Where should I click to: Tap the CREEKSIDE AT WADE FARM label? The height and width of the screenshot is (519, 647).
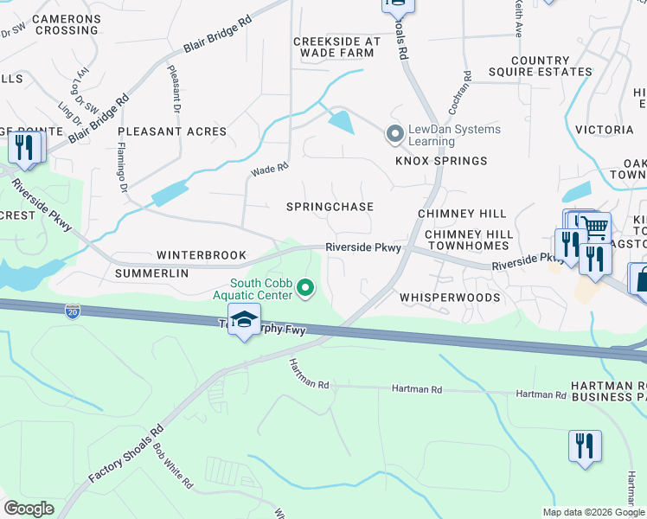[336, 47]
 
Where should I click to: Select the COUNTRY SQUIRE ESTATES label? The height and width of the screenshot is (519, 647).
[540, 67]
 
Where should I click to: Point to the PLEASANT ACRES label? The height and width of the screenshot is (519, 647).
[172, 132]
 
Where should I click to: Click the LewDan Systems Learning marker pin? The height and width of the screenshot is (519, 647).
[395, 134]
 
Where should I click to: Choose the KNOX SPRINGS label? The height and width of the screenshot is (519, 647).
[441, 162]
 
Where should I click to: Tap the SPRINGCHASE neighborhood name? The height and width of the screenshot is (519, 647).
[330, 207]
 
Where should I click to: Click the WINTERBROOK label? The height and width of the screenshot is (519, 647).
[202, 256]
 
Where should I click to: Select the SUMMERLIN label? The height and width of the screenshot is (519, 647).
[151, 273]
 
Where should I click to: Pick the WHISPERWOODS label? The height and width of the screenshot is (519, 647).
[450, 298]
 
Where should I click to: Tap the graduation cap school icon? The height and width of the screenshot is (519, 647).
[245, 319]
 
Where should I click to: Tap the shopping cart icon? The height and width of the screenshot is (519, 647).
[593, 227]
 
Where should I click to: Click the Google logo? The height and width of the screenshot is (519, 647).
[29, 509]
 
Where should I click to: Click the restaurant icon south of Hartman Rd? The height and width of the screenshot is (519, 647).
[585, 446]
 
